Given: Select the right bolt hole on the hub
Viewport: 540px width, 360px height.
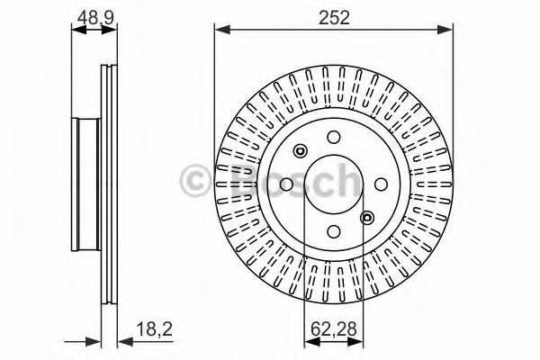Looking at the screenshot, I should [379, 184].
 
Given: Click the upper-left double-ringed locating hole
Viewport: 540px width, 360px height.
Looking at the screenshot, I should [301, 151].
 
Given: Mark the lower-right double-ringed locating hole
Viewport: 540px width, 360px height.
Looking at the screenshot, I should [366, 217].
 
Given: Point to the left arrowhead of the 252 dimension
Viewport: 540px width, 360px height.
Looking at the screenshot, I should [220, 30].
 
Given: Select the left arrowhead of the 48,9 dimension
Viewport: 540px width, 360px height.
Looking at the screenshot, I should [76, 30].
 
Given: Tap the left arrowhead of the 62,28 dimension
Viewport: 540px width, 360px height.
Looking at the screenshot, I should [309, 342].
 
